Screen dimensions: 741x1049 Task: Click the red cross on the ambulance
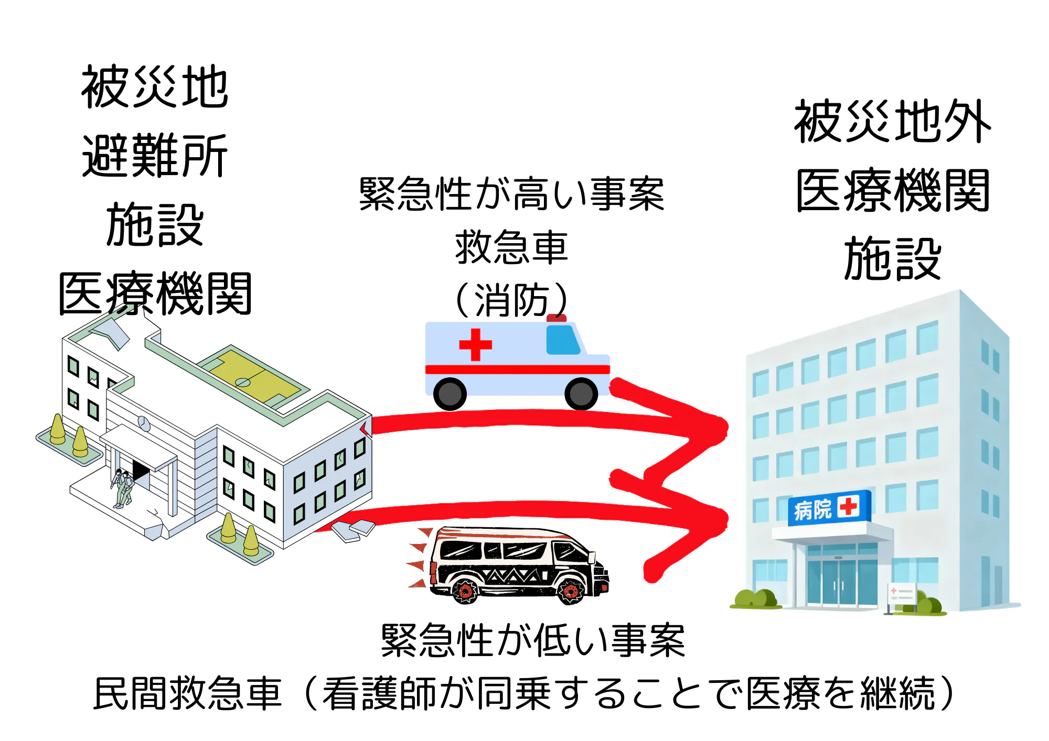tap(475, 344)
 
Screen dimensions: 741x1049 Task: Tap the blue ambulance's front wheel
tap(581, 394)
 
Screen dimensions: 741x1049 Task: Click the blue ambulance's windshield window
tap(562, 340)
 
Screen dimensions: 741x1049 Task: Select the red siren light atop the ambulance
tap(556, 318)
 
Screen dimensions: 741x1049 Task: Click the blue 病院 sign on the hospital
tap(829, 508)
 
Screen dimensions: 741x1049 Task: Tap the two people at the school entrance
tap(123, 487)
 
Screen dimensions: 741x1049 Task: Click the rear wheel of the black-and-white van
tap(465, 591)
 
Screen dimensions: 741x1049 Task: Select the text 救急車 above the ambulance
tap(511, 247)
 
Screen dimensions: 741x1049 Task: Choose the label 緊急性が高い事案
tap(511, 194)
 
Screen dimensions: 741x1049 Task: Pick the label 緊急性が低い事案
tap(532, 640)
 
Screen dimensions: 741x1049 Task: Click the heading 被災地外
tap(892, 122)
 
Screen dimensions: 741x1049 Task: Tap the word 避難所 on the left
tap(155, 156)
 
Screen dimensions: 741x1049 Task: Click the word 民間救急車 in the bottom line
tap(188, 693)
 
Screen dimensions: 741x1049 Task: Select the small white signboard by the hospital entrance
tap(901, 594)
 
